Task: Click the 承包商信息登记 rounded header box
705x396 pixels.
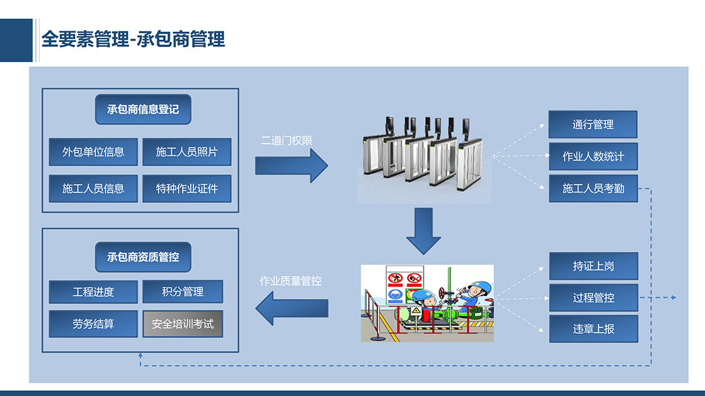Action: [143, 109]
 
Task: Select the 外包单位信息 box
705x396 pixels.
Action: [93, 152]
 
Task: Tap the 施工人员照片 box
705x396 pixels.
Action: [187, 152]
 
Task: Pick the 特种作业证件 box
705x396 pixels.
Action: [187, 189]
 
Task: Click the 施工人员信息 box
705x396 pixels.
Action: [93, 189]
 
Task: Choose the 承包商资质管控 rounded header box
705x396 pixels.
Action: [143, 257]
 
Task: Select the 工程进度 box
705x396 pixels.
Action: [93, 292]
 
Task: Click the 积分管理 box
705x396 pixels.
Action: [183, 292]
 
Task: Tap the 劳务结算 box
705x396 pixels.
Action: [93, 324]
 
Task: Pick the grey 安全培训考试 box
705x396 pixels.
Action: [183, 324]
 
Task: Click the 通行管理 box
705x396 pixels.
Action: [593, 125]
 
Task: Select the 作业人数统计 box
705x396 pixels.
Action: [593, 157]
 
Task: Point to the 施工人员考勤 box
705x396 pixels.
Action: [593, 189]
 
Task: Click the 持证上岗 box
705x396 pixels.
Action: [593, 266]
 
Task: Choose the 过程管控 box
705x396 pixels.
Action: [593, 297]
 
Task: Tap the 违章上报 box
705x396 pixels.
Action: [593, 329]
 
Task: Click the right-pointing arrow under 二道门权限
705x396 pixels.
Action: [291, 166]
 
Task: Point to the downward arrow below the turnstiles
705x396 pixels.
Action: [424, 231]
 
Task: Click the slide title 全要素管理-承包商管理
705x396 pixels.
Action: [133, 39]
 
